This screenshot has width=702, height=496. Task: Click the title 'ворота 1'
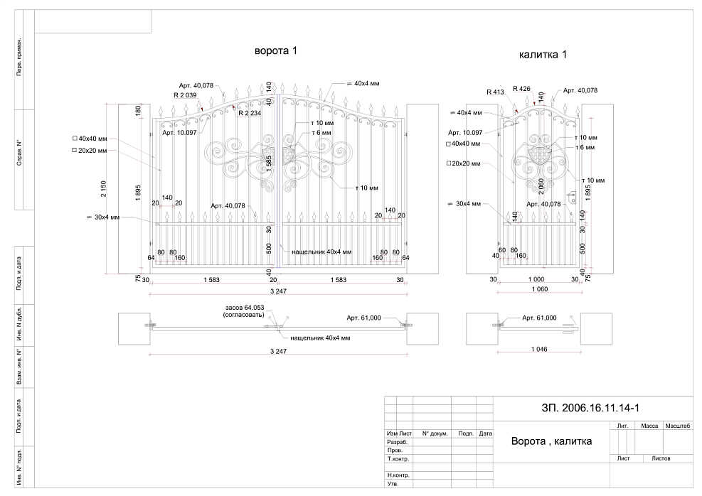[276, 50]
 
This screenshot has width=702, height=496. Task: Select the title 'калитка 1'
[543, 55]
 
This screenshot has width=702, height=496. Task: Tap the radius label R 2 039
[185, 95]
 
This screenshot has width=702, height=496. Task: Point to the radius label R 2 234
[250, 113]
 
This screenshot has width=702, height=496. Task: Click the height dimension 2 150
[103, 189]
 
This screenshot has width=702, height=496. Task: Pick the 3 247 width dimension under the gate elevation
[278, 291]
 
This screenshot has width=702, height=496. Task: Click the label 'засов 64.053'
[245, 308]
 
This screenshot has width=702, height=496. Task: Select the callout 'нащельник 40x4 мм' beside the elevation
[321, 252]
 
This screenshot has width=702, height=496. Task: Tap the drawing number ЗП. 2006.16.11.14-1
[590, 408]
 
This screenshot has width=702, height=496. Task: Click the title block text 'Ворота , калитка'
[552, 441]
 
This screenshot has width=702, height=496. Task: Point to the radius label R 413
[495, 92]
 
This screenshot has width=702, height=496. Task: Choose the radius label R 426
[521, 89]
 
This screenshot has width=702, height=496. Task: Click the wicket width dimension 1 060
[540, 289]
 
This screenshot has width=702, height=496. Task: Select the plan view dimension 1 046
[539, 350]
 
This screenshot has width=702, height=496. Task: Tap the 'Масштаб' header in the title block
[678, 426]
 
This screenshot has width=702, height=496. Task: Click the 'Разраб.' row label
[397, 442]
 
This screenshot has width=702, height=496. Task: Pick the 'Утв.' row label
[393, 484]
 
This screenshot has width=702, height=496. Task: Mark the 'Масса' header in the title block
[649, 426]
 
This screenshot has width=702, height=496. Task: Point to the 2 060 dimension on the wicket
[541, 186]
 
